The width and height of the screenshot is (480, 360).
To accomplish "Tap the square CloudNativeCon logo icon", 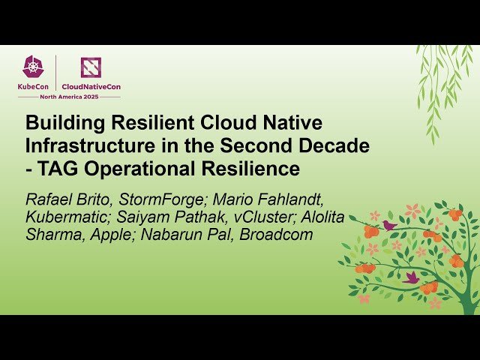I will (x=91, y=68).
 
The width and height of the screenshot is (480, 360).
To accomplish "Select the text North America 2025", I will (x=68, y=96).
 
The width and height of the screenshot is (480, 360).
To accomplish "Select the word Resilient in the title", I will (x=136, y=123).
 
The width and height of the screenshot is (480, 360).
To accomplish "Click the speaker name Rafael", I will (x=51, y=200).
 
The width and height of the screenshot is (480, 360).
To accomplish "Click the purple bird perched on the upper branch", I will (x=388, y=224).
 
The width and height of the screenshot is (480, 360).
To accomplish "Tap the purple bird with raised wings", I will (x=411, y=277).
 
